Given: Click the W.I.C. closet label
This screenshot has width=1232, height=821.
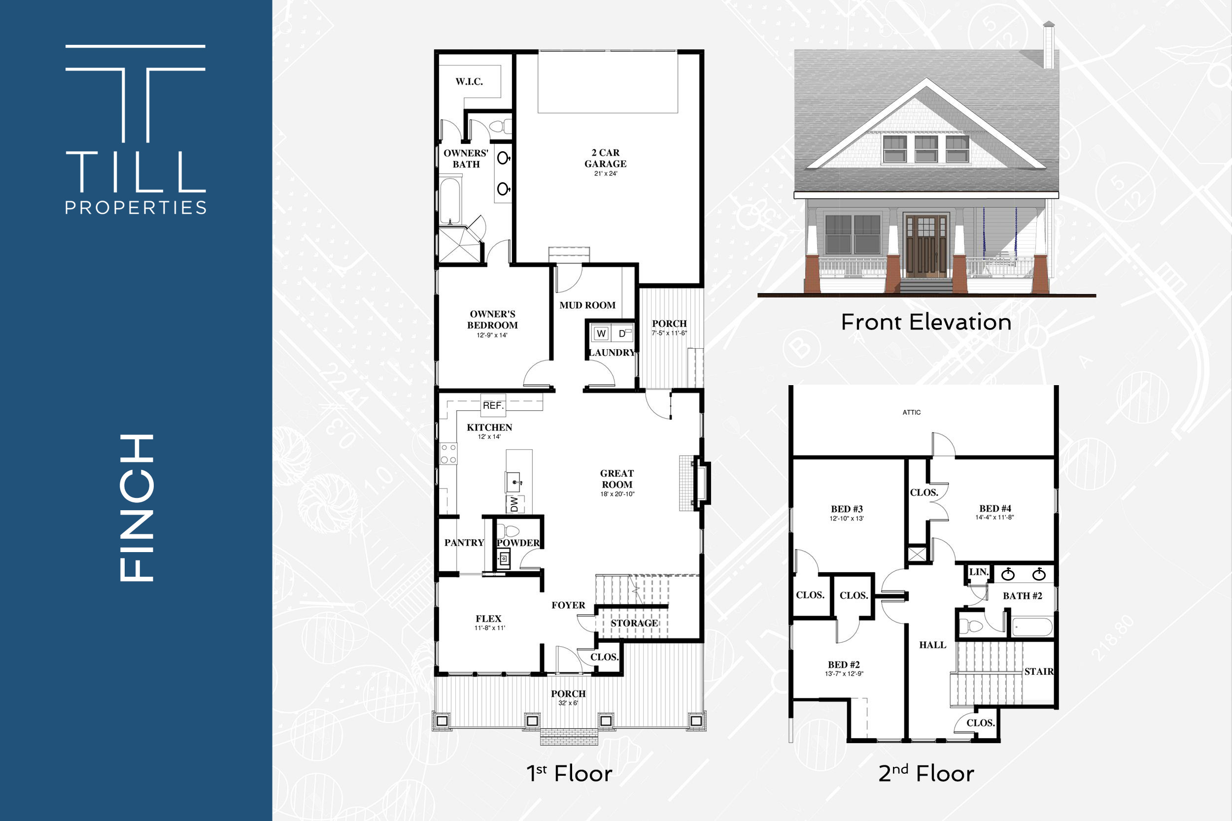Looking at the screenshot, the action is click(469, 82).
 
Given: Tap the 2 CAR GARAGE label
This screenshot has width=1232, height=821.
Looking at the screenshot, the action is click(606, 158).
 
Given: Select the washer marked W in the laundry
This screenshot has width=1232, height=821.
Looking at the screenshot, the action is click(601, 333).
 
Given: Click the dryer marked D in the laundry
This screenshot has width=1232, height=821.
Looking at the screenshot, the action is click(623, 333).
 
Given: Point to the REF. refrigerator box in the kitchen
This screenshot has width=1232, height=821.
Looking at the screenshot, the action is click(493, 405).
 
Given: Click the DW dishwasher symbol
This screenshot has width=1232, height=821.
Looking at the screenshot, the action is click(514, 504).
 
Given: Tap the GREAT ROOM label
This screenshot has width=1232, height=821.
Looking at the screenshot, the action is click(617, 479).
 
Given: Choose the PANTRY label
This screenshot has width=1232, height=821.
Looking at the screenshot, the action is click(464, 542).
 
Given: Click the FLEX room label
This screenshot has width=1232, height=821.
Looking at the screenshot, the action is click(489, 619).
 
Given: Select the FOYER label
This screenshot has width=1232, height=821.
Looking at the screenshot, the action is click(568, 605).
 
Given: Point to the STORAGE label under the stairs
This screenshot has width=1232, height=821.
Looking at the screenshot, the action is click(634, 623).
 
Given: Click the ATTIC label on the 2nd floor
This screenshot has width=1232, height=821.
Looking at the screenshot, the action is click(911, 412).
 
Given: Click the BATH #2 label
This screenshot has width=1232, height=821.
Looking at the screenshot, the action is click(1023, 596).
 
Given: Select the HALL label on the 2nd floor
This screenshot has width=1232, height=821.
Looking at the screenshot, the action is click(933, 645).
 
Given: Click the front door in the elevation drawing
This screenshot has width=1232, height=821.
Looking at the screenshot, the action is click(926, 246).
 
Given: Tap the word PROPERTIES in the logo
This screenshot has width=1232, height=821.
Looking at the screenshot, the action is click(136, 208).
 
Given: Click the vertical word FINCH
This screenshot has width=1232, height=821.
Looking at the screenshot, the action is click(136, 508).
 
